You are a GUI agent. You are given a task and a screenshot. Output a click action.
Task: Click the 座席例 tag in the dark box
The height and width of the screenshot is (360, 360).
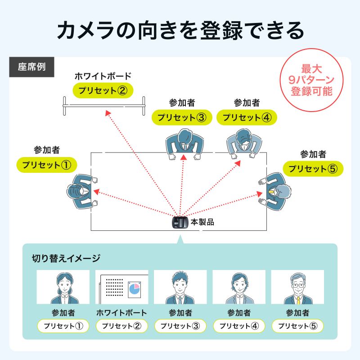[x=31, y=67]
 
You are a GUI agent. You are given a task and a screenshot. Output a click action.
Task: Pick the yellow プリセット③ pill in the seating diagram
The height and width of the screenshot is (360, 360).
[x=182, y=117]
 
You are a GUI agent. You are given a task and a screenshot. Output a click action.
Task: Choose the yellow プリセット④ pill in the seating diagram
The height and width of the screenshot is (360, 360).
[x=247, y=117]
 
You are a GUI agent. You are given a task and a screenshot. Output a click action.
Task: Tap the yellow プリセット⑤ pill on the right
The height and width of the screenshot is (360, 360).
[x=313, y=169]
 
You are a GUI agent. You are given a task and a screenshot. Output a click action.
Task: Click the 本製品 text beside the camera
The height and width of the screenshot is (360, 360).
[x=202, y=222]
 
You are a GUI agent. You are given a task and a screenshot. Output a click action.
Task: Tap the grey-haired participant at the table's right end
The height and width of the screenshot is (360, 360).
[x=276, y=191]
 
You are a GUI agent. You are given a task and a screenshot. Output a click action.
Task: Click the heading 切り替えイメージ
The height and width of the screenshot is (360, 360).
[x=66, y=258]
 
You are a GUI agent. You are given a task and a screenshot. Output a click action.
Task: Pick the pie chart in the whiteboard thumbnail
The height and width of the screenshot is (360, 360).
[x=134, y=288]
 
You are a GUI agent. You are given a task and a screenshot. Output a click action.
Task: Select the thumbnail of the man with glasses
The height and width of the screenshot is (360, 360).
[x=297, y=287]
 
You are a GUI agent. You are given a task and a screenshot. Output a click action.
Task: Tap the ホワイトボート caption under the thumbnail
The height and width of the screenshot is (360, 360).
[x=121, y=312]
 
